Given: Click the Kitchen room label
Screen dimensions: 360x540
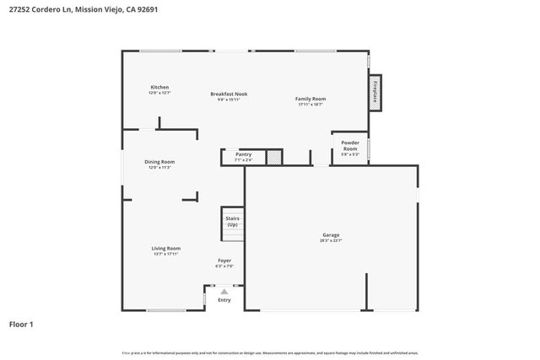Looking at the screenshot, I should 159,88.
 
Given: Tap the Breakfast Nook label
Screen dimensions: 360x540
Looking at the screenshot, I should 229,94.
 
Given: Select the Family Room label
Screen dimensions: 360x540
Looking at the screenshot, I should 310,99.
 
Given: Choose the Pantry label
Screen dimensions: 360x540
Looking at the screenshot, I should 243,154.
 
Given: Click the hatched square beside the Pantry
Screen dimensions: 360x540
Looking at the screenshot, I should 273,157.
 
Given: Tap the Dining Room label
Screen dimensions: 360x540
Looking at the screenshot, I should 159,162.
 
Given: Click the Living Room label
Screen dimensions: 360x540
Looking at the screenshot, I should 166,248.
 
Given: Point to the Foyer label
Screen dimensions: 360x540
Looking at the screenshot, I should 224,261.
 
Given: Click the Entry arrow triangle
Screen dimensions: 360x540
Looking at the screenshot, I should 224,292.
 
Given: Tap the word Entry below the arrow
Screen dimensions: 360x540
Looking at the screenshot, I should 224,300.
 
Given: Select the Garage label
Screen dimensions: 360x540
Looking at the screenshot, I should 331,234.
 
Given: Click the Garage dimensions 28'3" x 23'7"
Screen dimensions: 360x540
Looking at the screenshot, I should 331,240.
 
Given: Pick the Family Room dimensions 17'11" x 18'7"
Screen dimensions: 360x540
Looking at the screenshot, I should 310,105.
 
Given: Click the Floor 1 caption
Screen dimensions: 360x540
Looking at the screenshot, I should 21,324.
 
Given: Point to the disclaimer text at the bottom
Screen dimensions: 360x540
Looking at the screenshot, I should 270,352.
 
